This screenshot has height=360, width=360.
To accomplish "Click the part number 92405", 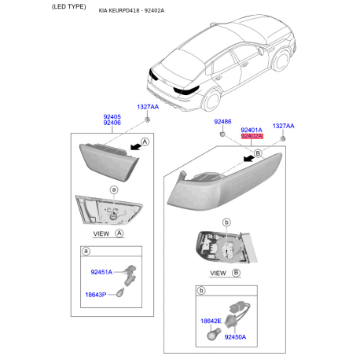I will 112,116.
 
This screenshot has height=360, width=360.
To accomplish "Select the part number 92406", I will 112,123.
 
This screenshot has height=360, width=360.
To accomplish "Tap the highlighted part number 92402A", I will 252,137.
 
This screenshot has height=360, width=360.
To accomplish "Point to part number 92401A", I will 252,130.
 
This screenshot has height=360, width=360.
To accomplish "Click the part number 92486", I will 223,123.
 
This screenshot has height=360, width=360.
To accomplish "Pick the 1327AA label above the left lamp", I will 147,106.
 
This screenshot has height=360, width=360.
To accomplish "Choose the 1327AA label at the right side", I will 283,126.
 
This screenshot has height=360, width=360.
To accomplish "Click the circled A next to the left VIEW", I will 119,233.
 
